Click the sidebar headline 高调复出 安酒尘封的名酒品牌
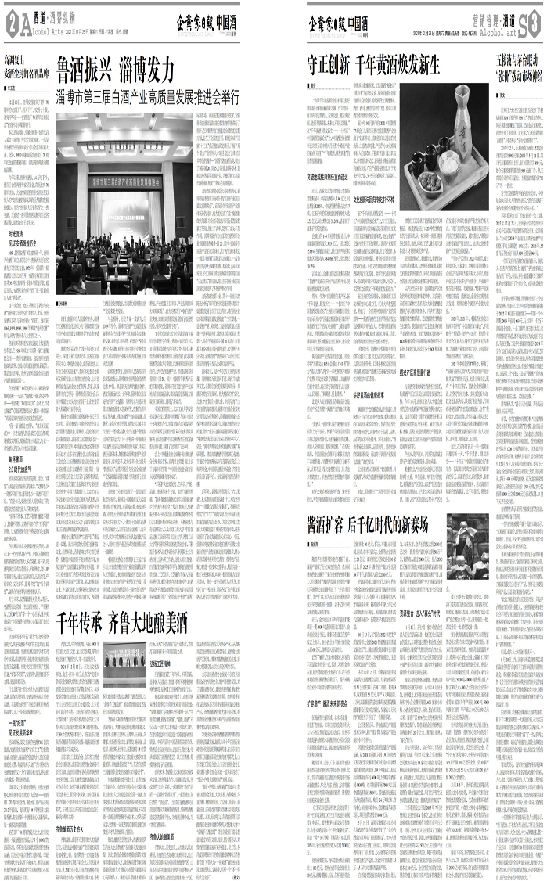click(26, 63)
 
